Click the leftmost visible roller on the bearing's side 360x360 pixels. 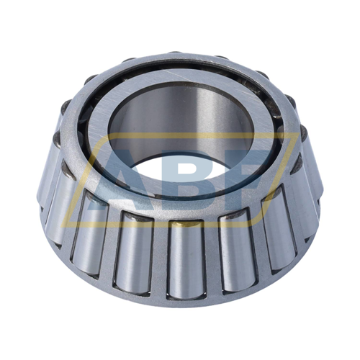[x=47, y=173]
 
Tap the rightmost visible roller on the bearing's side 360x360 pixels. [x=314, y=180]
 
